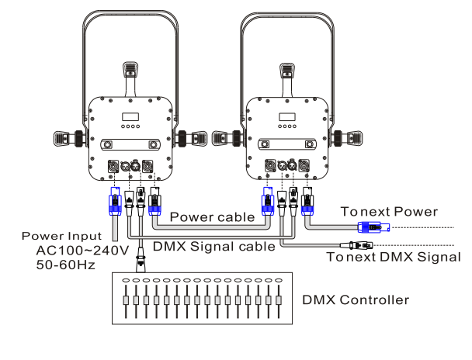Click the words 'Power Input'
pyautogui.click(x=61, y=236)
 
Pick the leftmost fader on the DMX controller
pyautogui.click(x=126, y=299)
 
